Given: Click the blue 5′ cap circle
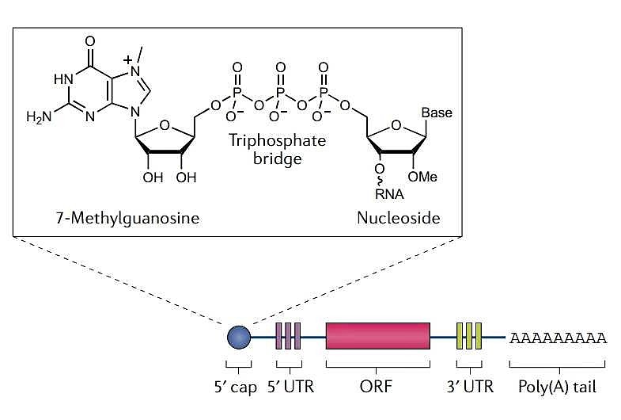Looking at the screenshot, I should point(238,338).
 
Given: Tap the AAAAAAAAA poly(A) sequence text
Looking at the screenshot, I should point(559,338).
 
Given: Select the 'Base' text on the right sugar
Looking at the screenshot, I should point(436,113).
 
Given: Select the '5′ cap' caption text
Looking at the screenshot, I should point(238,388).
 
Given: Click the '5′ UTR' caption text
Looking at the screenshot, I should point(288,388).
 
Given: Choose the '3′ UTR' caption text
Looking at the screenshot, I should point(469,388).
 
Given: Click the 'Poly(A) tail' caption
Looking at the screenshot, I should point(558,388).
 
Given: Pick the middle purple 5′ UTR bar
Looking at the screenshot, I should point(288,336).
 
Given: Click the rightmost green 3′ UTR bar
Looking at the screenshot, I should point(479,336).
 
